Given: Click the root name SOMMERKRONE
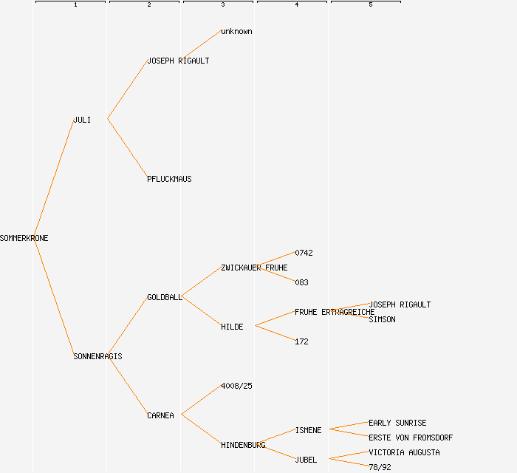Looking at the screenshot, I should (24, 238).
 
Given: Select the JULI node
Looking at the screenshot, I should (82, 120).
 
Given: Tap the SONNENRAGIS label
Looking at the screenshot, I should (97, 356).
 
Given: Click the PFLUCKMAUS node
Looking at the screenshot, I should (169, 179).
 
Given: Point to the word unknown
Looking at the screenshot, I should (236, 32).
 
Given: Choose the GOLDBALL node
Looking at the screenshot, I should (164, 297).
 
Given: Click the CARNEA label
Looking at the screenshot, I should (160, 415).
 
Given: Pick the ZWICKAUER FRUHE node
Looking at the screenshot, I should (254, 268).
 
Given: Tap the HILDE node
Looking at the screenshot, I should (232, 327).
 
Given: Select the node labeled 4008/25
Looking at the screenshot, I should (236, 386).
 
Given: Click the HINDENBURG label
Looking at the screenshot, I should (243, 445).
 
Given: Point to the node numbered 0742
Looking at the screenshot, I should (304, 253).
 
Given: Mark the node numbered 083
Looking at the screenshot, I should (301, 282).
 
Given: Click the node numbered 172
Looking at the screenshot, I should (301, 341).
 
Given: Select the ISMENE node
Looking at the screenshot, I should (308, 430).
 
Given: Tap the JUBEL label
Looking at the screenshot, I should (306, 460).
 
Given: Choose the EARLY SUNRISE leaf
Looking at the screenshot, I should (397, 423).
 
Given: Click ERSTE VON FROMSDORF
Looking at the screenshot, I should (411, 438).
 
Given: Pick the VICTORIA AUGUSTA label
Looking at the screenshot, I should (404, 452).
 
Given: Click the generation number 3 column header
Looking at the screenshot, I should (222, 5).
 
